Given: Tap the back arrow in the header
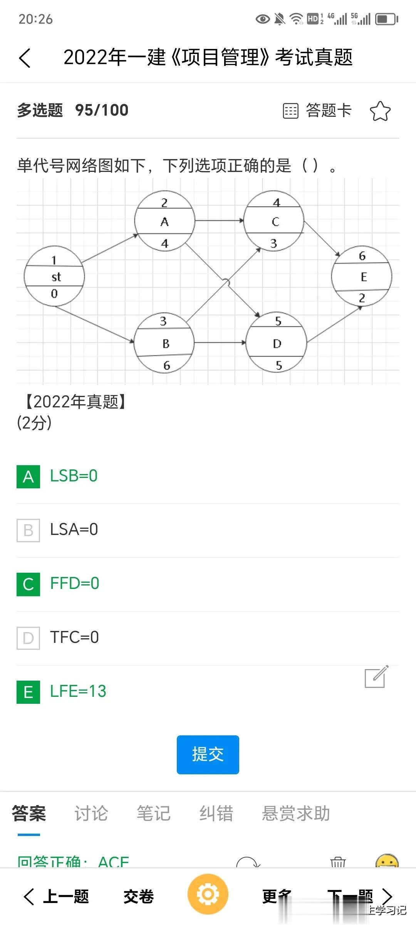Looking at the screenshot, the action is point(25,58).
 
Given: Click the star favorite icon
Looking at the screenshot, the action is point(380,111).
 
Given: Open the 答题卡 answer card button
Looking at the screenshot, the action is point(317,111).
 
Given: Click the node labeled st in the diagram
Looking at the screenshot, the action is point(54,276).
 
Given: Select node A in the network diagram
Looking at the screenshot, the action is point(164,221).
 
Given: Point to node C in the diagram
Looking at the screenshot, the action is point(274,221).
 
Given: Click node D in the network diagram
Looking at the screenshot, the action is point(277,343).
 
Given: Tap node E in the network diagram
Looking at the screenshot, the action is point(362,276).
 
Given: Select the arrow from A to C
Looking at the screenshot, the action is point(219,221).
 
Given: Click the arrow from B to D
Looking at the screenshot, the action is point(220,342).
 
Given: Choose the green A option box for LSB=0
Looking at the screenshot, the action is point(28,477).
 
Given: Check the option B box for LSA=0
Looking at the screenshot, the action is point(28,530).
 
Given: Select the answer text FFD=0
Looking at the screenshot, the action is point(75,584).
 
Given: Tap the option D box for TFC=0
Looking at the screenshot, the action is point(28,638).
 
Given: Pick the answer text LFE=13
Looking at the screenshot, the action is point(78,691).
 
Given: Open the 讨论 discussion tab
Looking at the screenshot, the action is point(91,814).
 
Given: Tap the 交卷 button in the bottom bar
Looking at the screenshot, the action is point(139,896).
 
